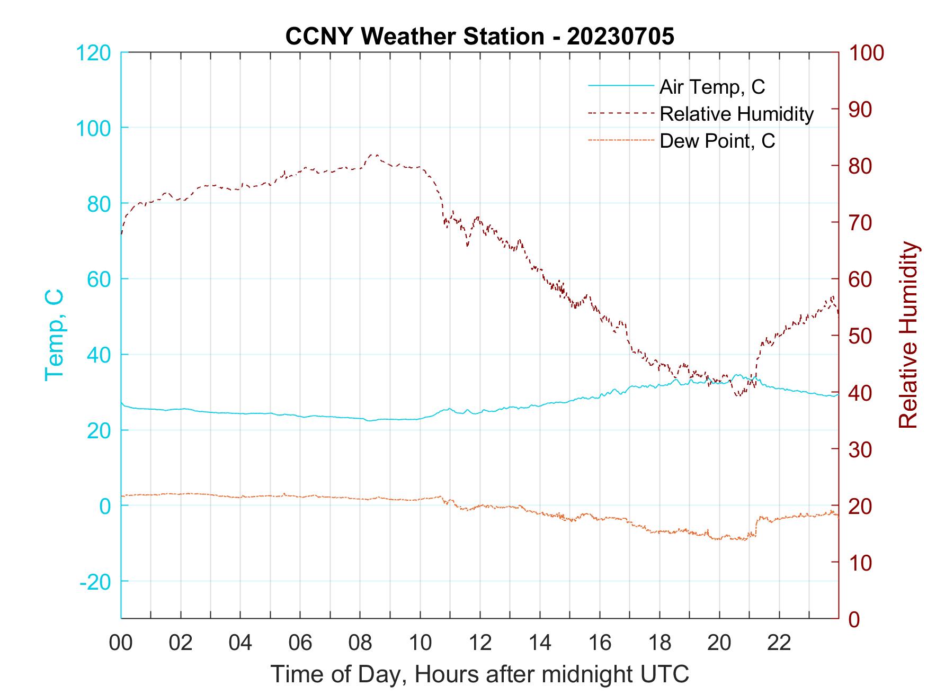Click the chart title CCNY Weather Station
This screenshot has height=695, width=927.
click(x=479, y=37)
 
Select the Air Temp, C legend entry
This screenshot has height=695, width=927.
click(x=711, y=87)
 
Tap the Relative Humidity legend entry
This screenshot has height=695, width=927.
click(x=736, y=114)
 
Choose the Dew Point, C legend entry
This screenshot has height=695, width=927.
click(x=717, y=141)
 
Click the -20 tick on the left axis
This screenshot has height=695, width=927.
click(x=95, y=582)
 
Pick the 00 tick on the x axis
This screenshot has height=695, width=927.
click(x=121, y=643)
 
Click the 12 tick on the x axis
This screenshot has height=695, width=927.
click(x=480, y=643)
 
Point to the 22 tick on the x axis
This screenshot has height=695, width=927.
click(x=779, y=643)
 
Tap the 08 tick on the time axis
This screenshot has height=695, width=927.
click(x=360, y=643)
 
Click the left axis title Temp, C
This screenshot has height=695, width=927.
click(x=54, y=335)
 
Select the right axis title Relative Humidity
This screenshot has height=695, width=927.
click(x=908, y=335)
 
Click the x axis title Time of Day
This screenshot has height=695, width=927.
click(x=479, y=674)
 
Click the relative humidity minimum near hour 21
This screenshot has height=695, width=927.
click(x=739, y=396)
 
